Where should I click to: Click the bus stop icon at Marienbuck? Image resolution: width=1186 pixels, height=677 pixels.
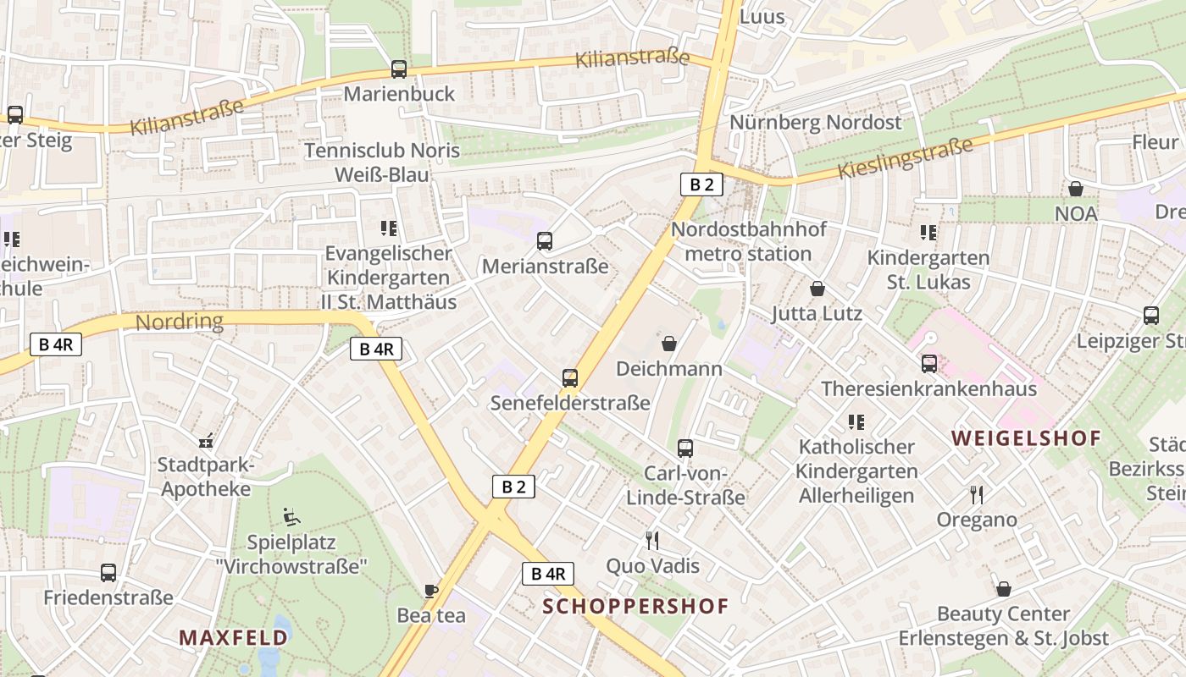point(398,69)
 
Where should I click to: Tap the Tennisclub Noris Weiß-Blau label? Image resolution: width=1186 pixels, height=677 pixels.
point(381,162)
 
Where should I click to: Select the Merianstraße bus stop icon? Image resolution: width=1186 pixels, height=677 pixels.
point(545,241)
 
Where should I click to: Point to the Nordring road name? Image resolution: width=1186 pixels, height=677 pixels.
point(180,322)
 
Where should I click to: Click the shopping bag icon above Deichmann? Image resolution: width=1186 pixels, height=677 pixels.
point(669,344)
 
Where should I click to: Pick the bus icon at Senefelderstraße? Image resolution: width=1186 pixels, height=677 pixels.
point(570,378)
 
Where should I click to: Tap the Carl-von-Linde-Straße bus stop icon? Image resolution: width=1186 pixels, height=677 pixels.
point(685,449)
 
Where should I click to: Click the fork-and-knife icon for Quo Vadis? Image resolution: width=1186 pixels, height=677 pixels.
point(651,540)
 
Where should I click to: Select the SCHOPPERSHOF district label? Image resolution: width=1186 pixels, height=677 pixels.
point(635,607)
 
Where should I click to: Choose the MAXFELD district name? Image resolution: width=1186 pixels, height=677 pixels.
point(233,637)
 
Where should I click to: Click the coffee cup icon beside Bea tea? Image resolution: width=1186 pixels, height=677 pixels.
point(431,591)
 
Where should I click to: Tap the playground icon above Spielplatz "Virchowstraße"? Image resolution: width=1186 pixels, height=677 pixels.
point(290,516)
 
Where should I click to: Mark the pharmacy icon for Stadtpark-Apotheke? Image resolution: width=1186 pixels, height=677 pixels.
point(206,440)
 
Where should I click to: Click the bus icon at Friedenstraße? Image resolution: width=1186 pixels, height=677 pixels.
point(108,573)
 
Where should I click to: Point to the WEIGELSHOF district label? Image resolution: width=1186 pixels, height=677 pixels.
point(1026,438)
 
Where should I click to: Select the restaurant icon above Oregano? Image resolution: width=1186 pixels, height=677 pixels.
point(977,494)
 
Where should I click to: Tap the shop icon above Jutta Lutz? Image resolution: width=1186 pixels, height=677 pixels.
point(817,289)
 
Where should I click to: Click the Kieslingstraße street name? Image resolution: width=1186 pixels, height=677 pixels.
point(905,158)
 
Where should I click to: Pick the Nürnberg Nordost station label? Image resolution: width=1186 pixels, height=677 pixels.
point(816,123)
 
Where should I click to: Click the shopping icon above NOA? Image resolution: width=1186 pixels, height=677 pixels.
point(1076,189)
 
